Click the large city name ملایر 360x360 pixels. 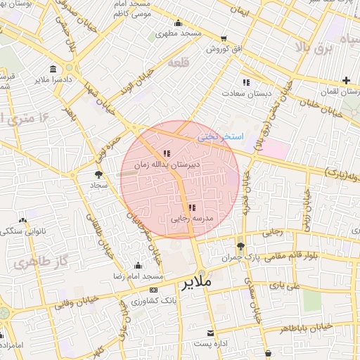click(x=196, y=283)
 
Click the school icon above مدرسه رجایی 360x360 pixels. click(x=191, y=207)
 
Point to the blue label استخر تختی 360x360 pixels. click(x=219, y=136)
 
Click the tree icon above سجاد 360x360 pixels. click(x=98, y=174)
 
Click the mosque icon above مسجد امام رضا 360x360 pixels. click(x=137, y=266)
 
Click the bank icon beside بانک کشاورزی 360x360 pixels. click(x=153, y=290)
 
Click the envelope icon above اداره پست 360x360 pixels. click(x=210, y=333)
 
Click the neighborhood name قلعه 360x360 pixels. click(x=178, y=63)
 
